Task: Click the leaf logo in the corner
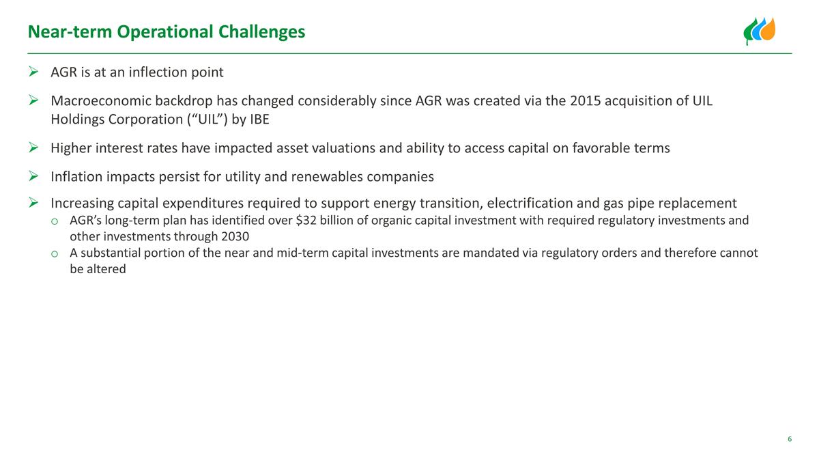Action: point(760,31)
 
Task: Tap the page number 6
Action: point(790,439)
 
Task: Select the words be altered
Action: point(98,269)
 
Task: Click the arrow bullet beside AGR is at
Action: point(33,72)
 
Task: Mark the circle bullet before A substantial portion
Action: point(54,254)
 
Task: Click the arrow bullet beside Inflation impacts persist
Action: point(33,177)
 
